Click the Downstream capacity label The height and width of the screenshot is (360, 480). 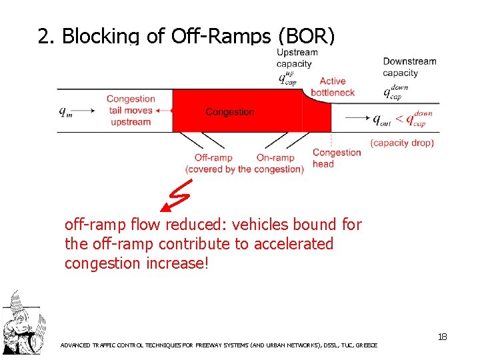[x=409, y=67]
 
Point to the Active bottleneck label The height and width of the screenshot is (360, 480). [x=333, y=87]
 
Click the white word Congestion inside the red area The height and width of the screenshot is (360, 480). [x=230, y=112]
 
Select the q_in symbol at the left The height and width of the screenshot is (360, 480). [x=65, y=112]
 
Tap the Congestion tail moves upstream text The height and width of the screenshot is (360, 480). [x=131, y=111]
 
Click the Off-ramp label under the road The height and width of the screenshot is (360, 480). [x=213, y=158]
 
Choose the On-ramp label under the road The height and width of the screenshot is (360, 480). [x=275, y=158]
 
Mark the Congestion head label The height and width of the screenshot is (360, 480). [x=336, y=158]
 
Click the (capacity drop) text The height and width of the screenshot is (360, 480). [x=402, y=143]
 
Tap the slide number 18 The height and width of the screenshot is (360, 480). [x=442, y=337]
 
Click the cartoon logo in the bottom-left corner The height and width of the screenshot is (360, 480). [x=21, y=325]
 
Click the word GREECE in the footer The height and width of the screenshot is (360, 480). [x=365, y=345]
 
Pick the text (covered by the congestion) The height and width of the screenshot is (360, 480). [x=245, y=169]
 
